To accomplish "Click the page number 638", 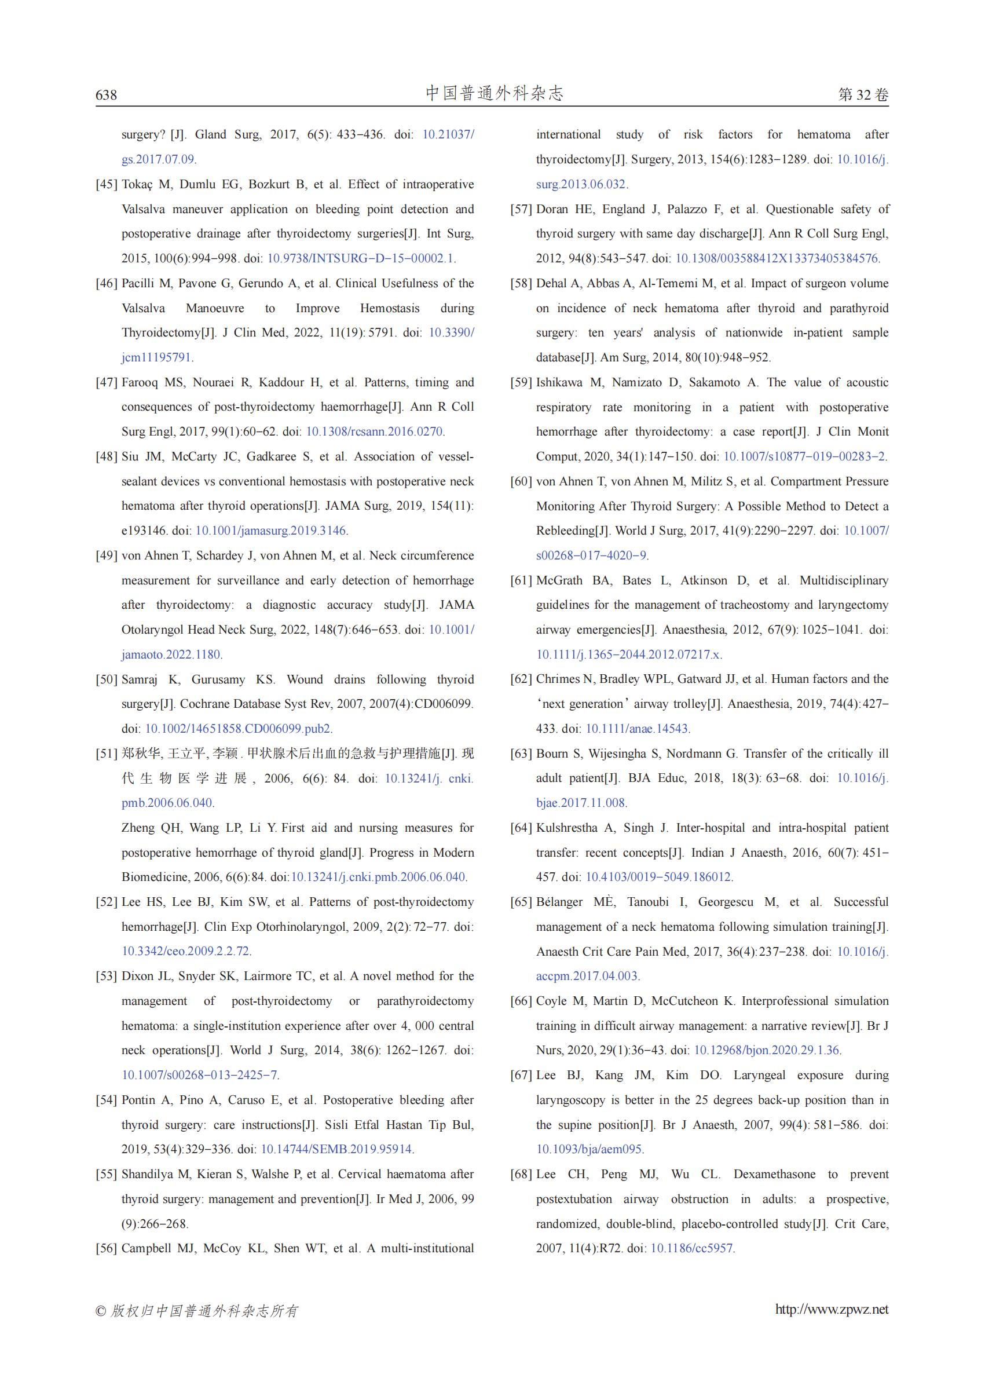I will (106, 94).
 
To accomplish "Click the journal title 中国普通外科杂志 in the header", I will (495, 93).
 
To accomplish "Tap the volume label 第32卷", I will (863, 94).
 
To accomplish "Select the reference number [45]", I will (106, 184).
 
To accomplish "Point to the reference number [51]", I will (106, 754).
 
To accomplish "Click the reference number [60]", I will (521, 482).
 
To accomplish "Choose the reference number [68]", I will (521, 1175).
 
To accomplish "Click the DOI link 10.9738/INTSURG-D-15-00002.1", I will (361, 258).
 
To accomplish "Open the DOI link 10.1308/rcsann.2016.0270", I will (374, 432).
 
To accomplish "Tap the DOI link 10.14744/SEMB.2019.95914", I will (336, 1149).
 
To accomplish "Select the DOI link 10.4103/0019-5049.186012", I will (658, 878).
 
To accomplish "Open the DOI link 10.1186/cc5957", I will (692, 1249).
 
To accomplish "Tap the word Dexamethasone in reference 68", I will (775, 1175).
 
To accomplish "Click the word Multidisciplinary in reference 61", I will (844, 580).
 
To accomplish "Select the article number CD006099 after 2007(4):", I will (443, 704).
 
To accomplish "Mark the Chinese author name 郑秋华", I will (141, 754).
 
